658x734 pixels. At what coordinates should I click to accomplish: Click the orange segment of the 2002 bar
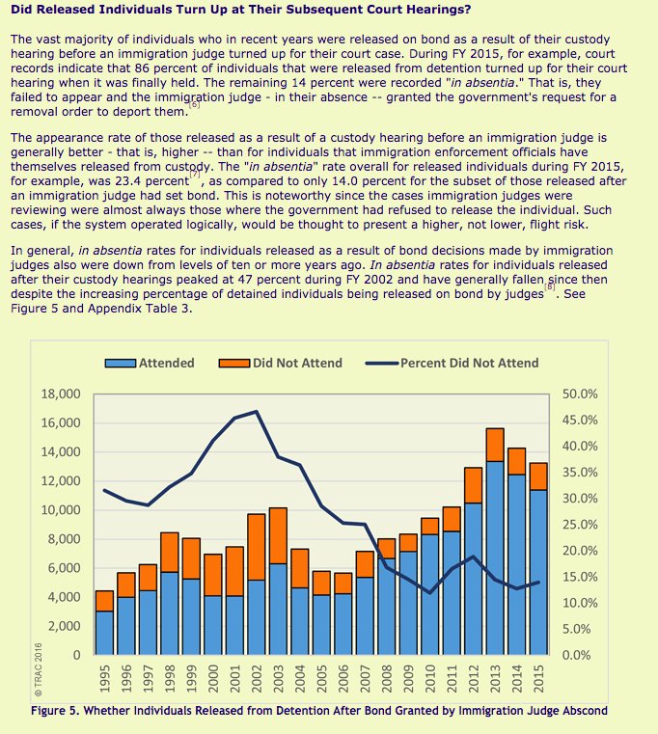(257, 546)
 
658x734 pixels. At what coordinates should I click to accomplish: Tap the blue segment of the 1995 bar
(104, 633)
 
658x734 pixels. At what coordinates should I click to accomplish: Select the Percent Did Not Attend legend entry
(453, 363)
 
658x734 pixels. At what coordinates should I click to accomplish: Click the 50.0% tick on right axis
(580, 394)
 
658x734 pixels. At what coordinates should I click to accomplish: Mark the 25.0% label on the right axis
(580, 525)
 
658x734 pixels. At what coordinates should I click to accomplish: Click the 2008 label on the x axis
(387, 680)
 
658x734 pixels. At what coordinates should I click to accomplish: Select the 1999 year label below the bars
(191, 680)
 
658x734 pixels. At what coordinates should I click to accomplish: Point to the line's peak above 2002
(257, 412)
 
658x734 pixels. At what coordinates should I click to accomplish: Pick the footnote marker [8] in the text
(550, 286)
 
